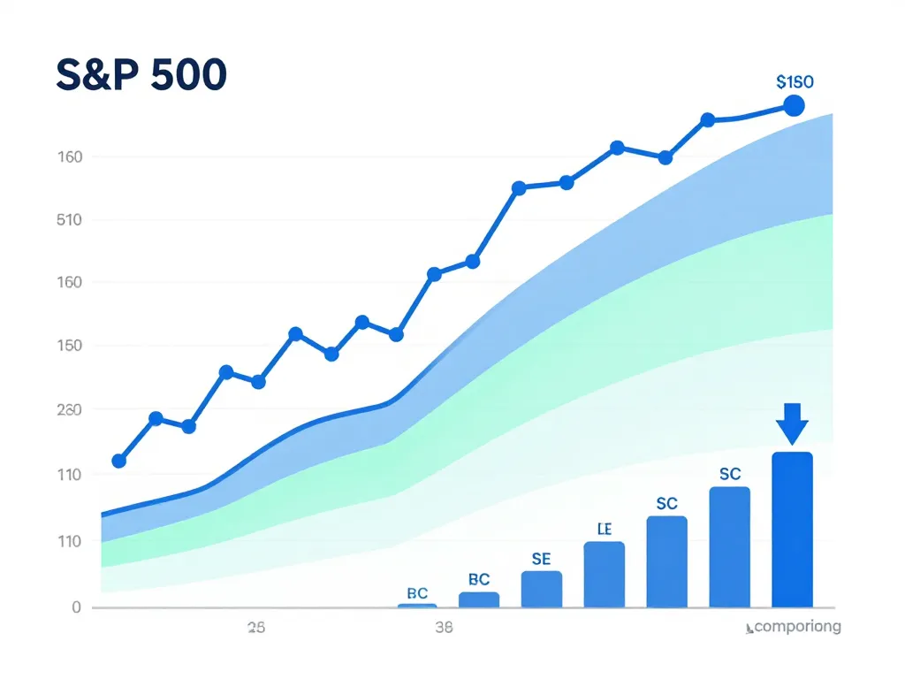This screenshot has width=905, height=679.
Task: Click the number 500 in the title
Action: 188,77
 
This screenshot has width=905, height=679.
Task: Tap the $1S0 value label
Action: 795,81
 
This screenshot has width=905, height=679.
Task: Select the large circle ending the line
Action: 794,106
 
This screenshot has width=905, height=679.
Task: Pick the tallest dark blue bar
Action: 792,530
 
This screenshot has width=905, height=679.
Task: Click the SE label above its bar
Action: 541,559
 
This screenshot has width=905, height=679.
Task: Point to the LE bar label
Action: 605,530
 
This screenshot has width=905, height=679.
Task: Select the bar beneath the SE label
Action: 541,589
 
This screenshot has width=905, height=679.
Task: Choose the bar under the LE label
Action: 605,574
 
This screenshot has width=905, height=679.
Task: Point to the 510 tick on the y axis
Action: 69,219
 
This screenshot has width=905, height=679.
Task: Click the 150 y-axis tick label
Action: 69,346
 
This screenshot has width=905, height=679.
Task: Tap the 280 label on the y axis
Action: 69,410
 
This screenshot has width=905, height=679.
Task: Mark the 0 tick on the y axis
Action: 76,607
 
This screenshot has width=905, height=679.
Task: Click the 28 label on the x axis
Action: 256,629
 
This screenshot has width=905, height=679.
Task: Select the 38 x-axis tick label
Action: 445,629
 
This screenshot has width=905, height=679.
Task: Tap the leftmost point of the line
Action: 119,461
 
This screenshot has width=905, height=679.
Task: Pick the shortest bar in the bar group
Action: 417,605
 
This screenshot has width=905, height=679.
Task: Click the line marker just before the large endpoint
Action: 708,120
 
